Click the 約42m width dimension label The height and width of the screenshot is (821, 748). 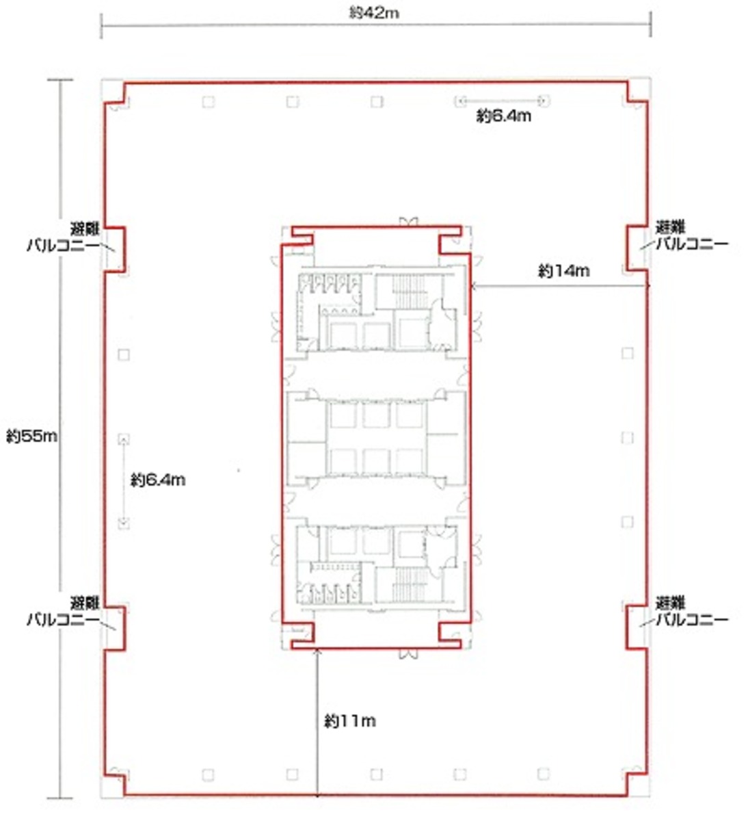tap(374, 14)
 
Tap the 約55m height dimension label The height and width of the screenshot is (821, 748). tap(31, 436)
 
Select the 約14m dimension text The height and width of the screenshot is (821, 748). tap(563, 270)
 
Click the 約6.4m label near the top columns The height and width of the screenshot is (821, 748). tap(504, 116)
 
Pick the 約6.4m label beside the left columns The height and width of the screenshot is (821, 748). tap(158, 480)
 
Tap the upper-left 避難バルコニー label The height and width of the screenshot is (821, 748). tap(64, 237)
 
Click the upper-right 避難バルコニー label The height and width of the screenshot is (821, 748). tap(691, 235)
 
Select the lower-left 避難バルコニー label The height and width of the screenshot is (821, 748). tap(64, 611)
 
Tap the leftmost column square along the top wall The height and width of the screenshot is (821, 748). tap(209, 101)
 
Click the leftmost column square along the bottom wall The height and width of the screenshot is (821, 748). tap(209, 774)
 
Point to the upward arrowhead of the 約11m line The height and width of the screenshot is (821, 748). tap(317, 651)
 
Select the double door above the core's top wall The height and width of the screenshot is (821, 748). tap(409, 222)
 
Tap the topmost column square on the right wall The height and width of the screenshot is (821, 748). tap(627, 353)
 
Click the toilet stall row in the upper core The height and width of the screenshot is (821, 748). tap(330, 284)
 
